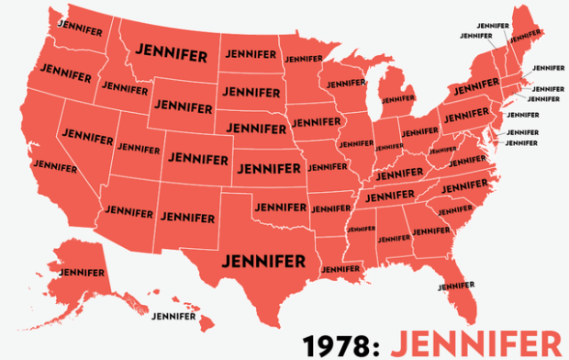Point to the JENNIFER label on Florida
tap(456, 285)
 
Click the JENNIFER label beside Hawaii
tap(174, 316)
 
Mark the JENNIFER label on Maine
tap(525, 37)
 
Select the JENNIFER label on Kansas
tap(268, 168)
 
